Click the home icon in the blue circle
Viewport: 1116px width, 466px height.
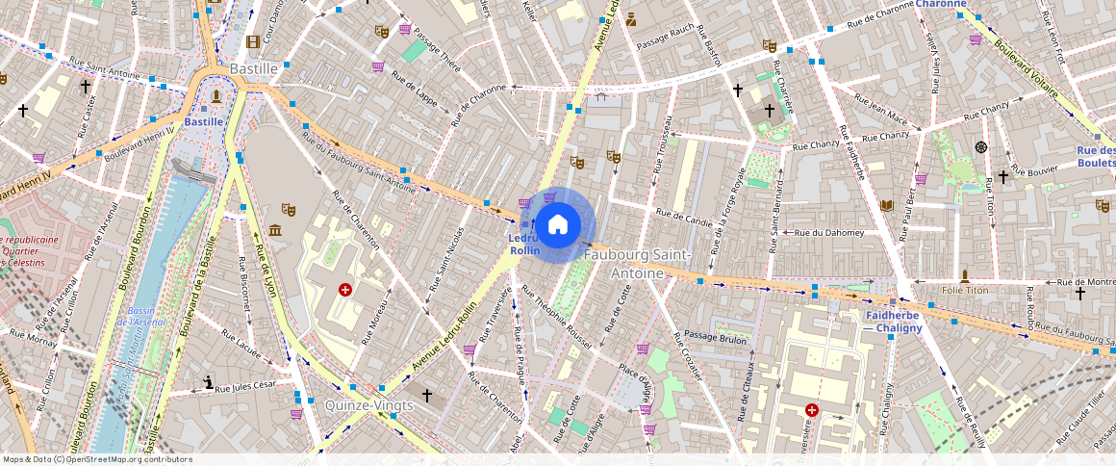tap(557, 225)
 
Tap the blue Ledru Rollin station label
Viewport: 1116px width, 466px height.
tap(524, 244)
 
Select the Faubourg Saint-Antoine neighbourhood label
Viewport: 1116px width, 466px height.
tap(637, 263)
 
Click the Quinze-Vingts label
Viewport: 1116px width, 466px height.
tap(369, 404)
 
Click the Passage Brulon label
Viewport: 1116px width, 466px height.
tap(715, 339)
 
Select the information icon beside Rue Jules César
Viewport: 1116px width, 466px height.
tap(209, 382)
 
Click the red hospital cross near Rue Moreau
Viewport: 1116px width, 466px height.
tap(345, 289)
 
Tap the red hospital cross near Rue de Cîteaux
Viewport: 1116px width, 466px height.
tap(812, 409)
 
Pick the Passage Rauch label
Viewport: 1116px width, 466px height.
tap(665, 40)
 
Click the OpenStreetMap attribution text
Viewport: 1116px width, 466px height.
tap(98, 459)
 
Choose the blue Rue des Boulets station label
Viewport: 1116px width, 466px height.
tap(1096, 156)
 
